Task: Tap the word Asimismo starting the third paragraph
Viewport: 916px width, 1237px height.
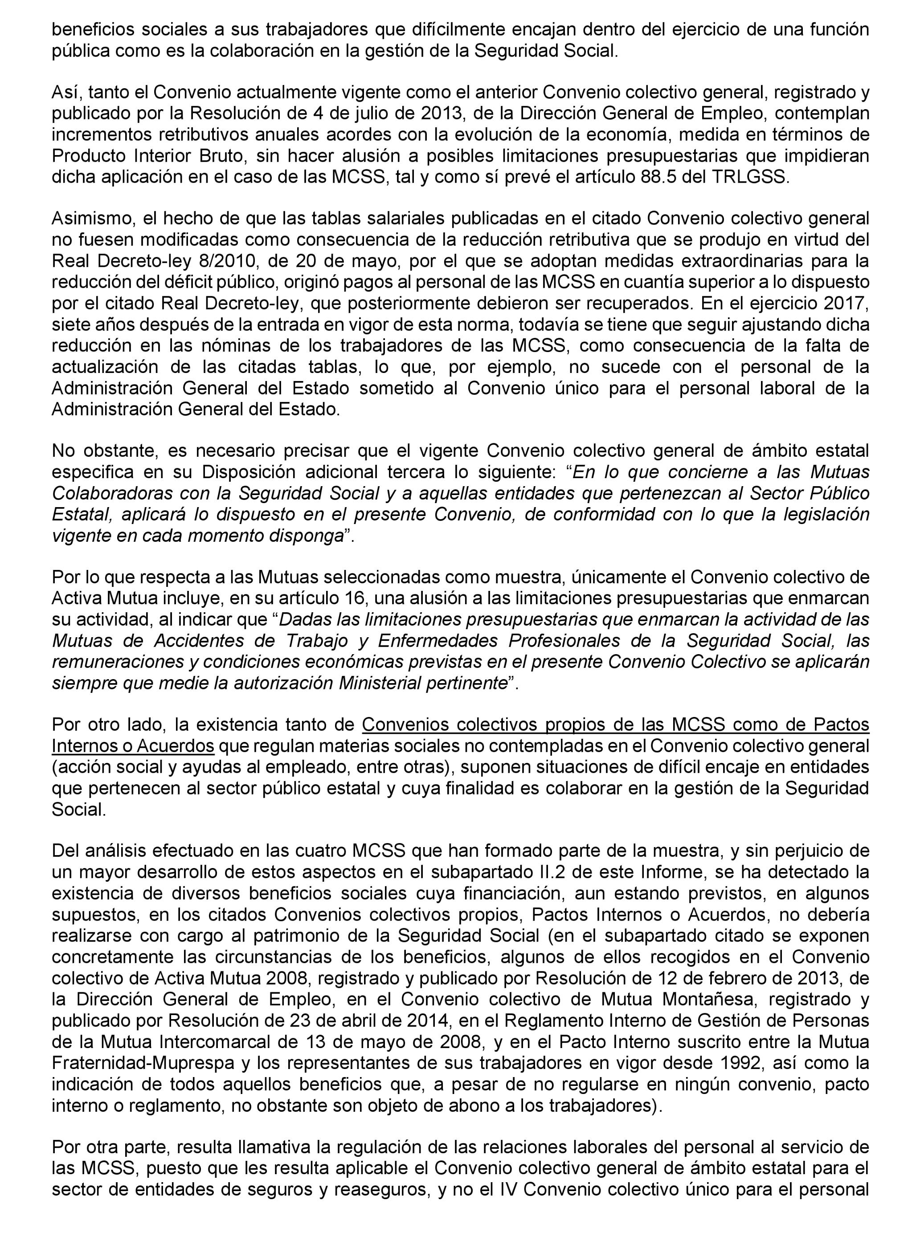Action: pos(93,218)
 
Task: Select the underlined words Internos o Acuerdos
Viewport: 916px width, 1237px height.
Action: pos(133,746)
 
